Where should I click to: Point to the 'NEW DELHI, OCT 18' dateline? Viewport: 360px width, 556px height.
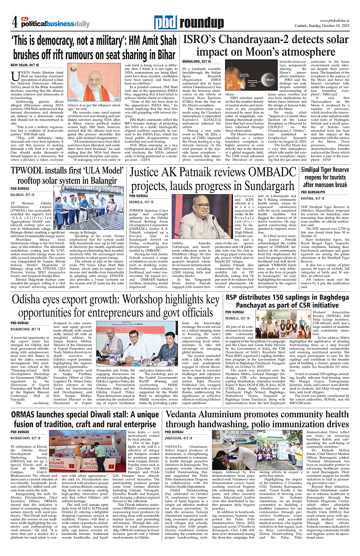click(25, 65)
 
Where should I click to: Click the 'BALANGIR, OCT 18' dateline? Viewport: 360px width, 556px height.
click(22, 194)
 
